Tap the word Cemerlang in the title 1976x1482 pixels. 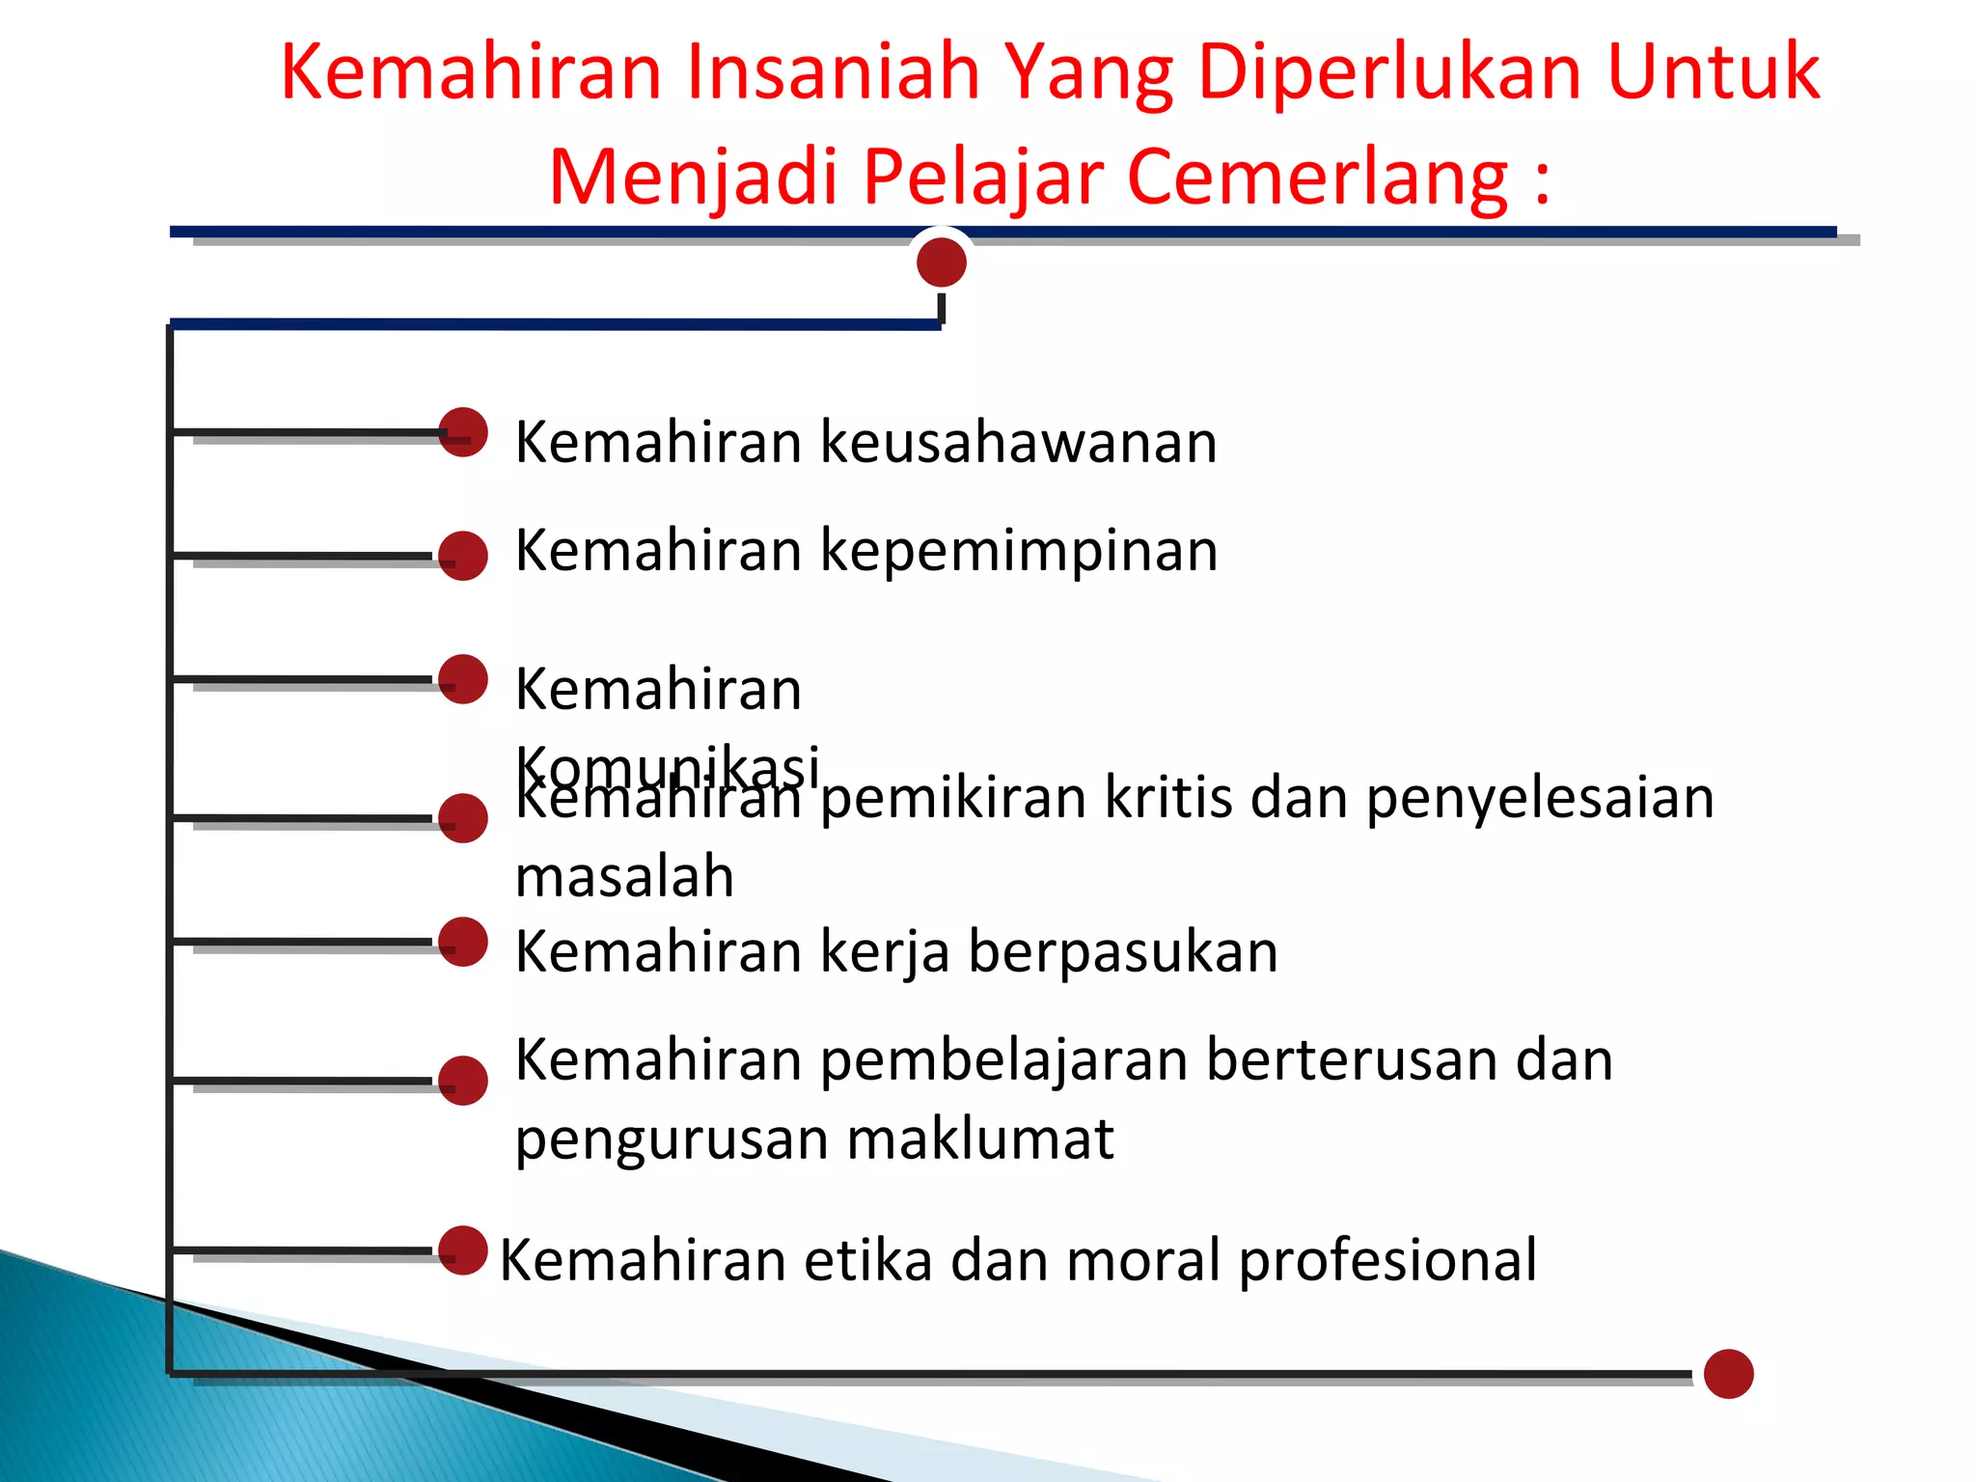tap(1317, 178)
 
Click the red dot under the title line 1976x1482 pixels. tap(942, 262)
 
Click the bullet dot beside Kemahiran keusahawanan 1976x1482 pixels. tap(463, 432)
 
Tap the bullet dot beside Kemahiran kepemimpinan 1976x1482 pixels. tap(463, 556)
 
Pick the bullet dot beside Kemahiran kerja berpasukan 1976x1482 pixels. tap(463, 942)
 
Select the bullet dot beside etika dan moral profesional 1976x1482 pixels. tap(463, 1250)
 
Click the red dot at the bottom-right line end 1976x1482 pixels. tap(1728, 1374)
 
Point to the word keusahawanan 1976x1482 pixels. tap(1019, 443)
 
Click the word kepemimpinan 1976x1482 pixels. tap(1020, 552)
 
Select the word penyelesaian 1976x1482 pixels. tap(1540, 799)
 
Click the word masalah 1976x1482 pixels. tap(625, 877)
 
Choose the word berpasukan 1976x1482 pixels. tap(1123, 952)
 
